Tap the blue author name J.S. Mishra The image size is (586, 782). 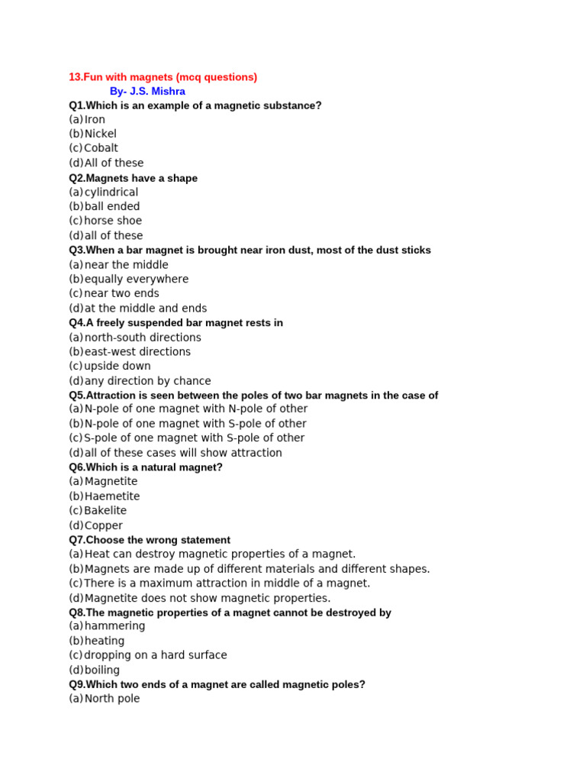147,92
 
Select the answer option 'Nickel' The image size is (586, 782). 100,134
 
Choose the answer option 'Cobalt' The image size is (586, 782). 101,148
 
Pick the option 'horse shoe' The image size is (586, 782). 113,221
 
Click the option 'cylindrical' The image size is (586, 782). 111,192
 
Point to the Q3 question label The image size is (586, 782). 77,250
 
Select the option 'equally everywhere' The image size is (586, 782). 137,280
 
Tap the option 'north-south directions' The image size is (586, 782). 143,338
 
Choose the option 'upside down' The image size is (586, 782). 118,367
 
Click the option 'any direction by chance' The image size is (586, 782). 147,381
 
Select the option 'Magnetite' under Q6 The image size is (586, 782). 111,482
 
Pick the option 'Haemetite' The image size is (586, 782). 112,496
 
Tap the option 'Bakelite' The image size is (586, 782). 105,511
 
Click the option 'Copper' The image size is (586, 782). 103,525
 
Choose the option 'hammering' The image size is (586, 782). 114,626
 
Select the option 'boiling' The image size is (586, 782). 101,670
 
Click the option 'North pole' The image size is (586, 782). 112,698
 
